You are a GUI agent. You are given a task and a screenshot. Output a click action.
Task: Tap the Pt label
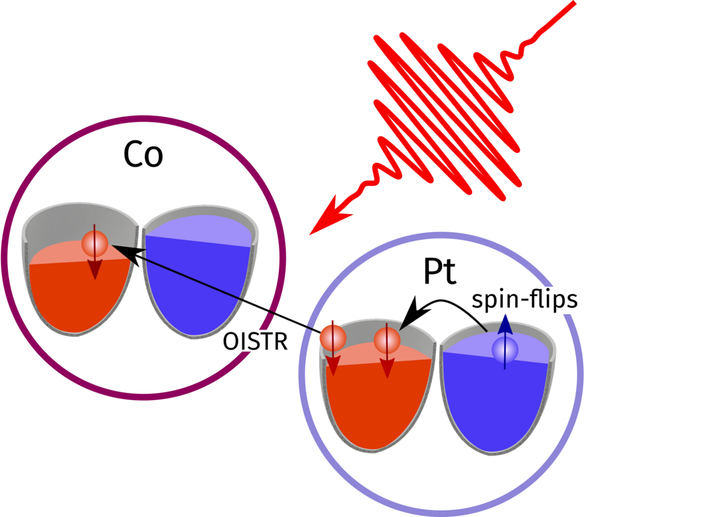pyautogui.click(x=440, y=273)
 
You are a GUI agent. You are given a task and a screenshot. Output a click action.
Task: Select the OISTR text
pyautogui.click(x=255, y=341)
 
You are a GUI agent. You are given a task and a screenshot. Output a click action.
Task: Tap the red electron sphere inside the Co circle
pyautogui.click(x=94, y=244)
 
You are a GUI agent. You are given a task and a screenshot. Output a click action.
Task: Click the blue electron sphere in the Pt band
pyautogui.click(x=504, y=350)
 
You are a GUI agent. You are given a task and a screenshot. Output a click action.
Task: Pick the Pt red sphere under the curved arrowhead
pyautogui.click(x=387, y=339)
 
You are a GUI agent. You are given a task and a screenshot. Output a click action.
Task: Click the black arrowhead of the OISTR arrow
pyautogui.click(x=123, y=251)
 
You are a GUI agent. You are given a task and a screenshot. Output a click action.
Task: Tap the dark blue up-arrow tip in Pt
pyautogui.click(x=504, y=321)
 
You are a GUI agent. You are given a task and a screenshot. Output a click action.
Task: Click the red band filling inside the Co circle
pyautogui.click(x=78, y=294)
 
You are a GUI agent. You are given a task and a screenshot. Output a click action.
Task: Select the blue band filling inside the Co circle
pyautogui.click(x=194, y=284)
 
